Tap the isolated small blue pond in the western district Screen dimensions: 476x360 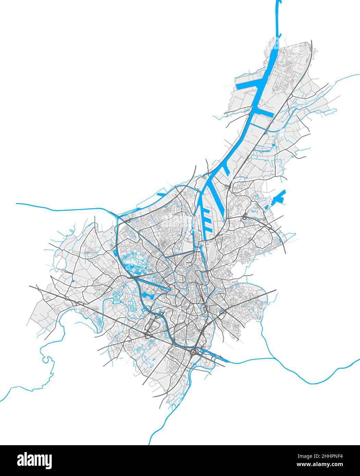73,281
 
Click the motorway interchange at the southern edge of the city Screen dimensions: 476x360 196,352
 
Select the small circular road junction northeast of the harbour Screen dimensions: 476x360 245,216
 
